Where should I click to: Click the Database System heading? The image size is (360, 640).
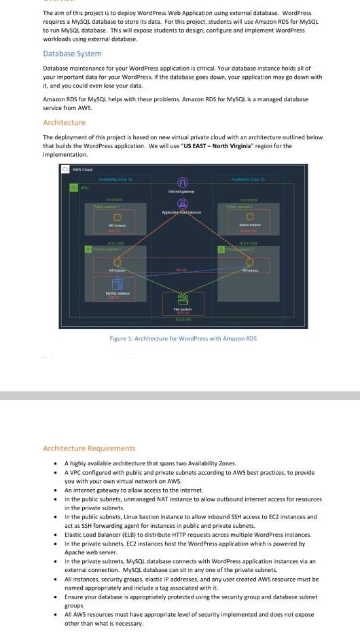[x=72, y=54]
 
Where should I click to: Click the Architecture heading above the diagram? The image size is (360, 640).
[x=64, y=122]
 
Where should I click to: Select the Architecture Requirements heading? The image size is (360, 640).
[x=89, y=448]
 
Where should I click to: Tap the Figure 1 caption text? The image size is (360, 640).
[x=183, y=338]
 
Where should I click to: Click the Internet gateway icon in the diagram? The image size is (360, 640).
[x=181, y=183]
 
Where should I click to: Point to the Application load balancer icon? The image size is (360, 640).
[x=181, y=203]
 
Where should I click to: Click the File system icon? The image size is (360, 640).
[x=181, y=300]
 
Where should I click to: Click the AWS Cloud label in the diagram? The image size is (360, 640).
[x=82, y=169]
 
